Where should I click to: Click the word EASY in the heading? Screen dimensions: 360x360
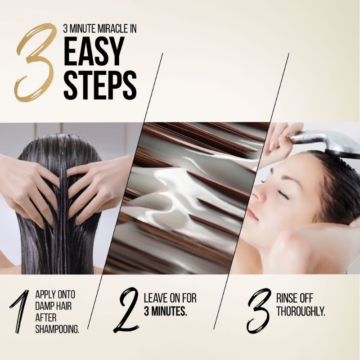tap(93, 51)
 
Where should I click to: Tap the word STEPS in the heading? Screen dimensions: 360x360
tap(100, 85)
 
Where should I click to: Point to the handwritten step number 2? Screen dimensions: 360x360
tap(126, 310)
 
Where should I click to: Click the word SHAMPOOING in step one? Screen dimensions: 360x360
tap(57, 329)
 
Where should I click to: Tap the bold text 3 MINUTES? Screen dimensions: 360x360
tap(165, 311)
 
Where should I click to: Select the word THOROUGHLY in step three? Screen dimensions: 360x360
tap(301, 311)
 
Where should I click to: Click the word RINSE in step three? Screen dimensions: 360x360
tap(286, 298)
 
